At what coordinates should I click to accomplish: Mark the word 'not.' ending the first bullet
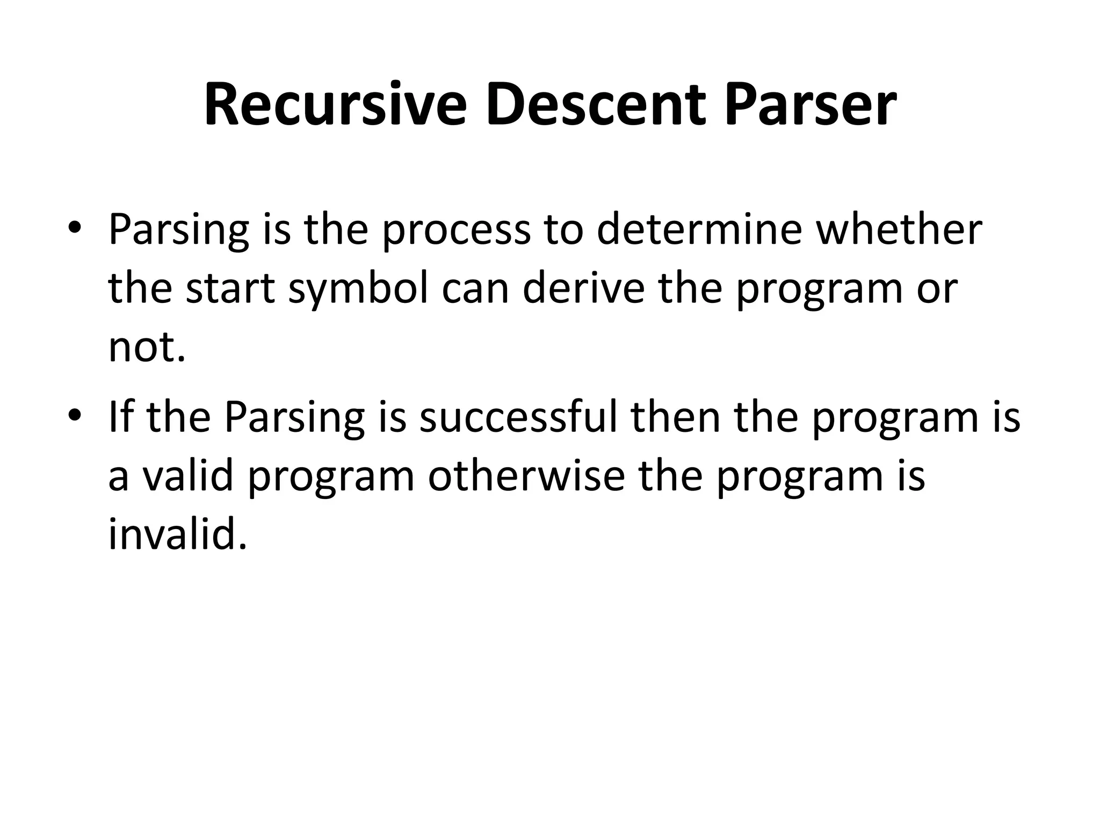point(147,348)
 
